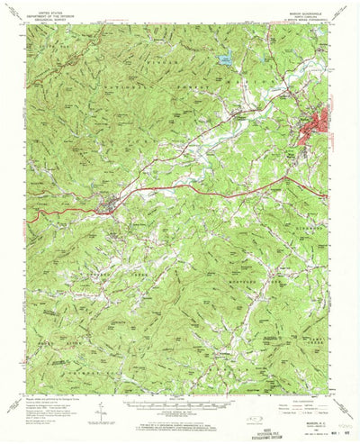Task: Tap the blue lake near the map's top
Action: (x=224, y=60)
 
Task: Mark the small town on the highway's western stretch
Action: (x=110, y=211)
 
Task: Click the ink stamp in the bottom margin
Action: (x=319, y=423)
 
